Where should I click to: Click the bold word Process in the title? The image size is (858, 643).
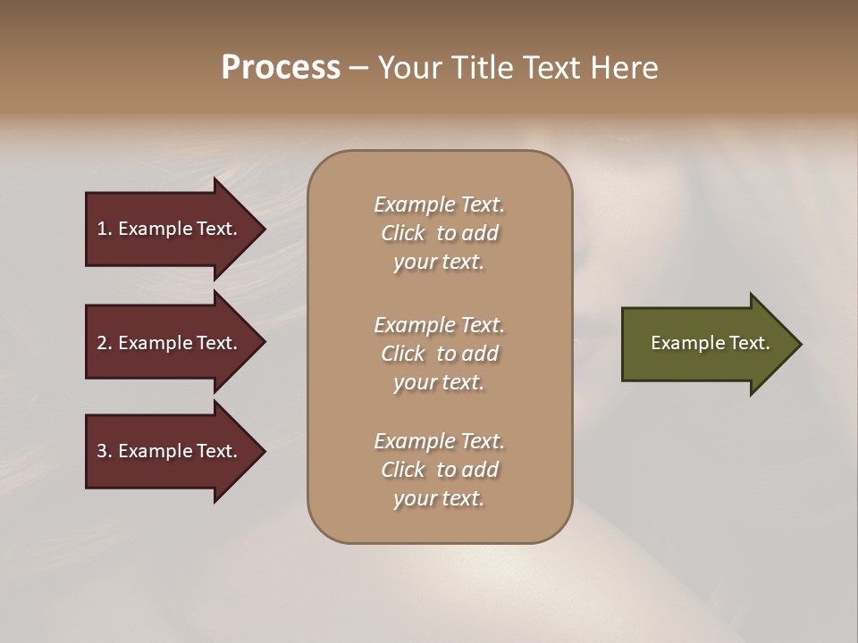pos(281,68)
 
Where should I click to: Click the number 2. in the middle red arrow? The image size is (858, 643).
pos(105,343)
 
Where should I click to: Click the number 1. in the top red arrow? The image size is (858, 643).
pos(105,229)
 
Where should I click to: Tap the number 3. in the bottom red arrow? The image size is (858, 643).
pos(105,451)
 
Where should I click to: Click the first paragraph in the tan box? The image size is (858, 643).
pos(439,233)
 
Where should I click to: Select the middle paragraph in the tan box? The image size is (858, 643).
pos(439,354)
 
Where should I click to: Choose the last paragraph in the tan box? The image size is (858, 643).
pos(439,470)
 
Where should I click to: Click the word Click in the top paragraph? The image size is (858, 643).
pos(403,234)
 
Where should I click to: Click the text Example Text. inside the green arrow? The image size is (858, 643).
pos(710,343)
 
